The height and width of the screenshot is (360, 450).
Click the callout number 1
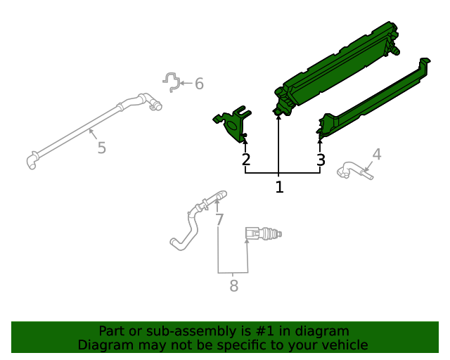[279, 187]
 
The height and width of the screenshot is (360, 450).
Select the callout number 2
[245, 160]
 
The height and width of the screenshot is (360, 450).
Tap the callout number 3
[321, 160]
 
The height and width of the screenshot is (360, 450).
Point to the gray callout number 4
[377, 154]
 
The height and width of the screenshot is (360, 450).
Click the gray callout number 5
[101, 148]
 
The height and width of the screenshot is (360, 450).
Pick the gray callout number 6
[199, 84]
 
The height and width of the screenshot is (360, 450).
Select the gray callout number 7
[219, 220]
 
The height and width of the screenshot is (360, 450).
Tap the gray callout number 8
[233, 286]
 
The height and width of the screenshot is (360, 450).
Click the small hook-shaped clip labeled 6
[171, 81]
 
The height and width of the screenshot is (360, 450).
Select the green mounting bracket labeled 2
[231, 122]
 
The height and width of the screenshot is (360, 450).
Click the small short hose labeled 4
[355, 169]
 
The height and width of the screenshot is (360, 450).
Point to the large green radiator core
[337, 67]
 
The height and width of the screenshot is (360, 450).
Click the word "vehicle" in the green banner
[342, 345]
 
